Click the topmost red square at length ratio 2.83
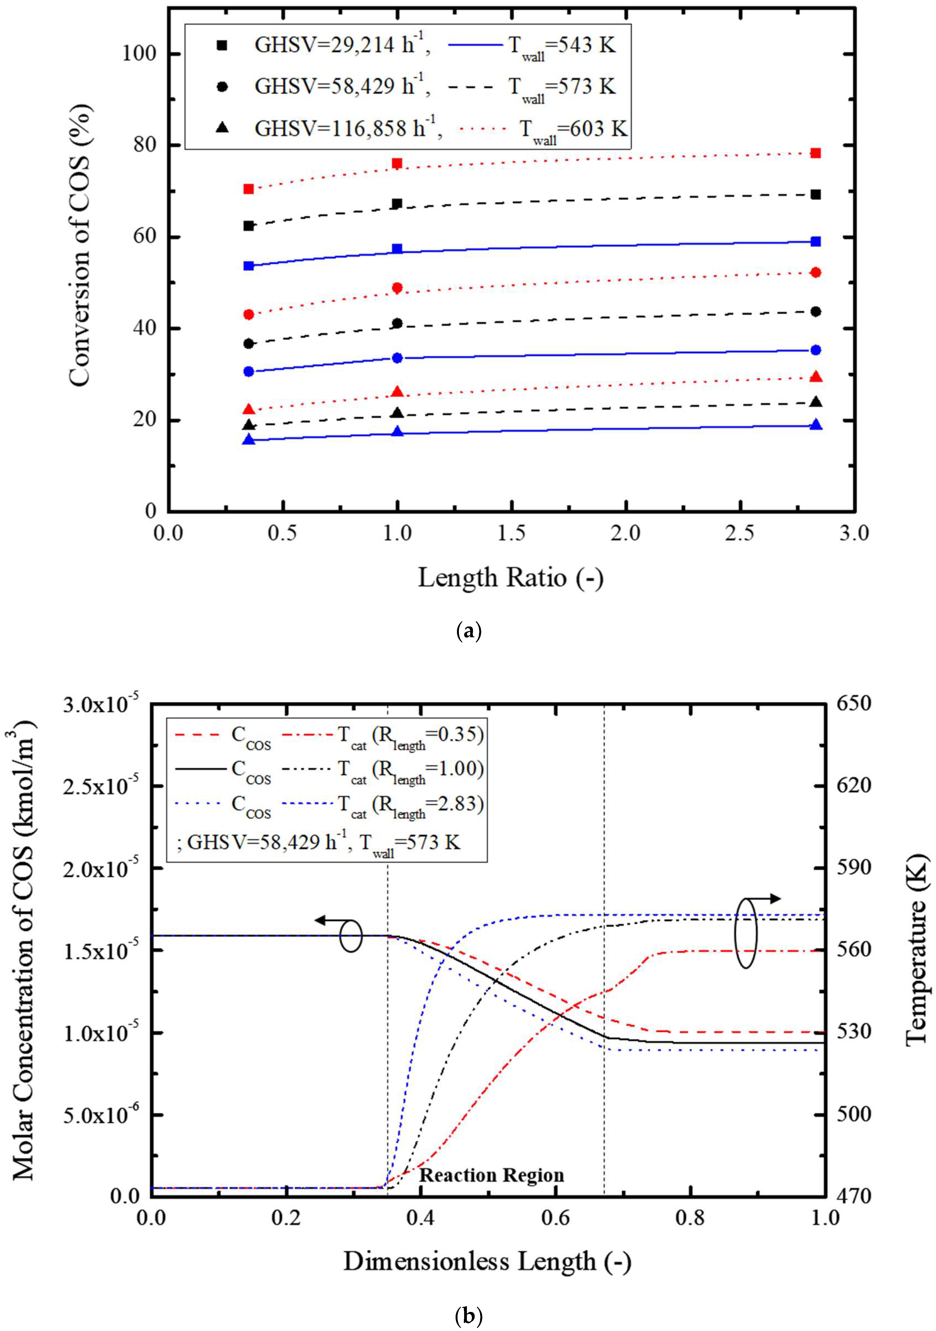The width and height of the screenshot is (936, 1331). pyautogui.click(x=816, y=153)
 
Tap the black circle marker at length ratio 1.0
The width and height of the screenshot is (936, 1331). pyautogui.click(x=397, y=323)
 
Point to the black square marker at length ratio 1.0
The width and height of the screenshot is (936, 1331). pyautogui.click(x=397, y=203)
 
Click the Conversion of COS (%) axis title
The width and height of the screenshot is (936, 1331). pyautogui.click(x=79, y=244)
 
